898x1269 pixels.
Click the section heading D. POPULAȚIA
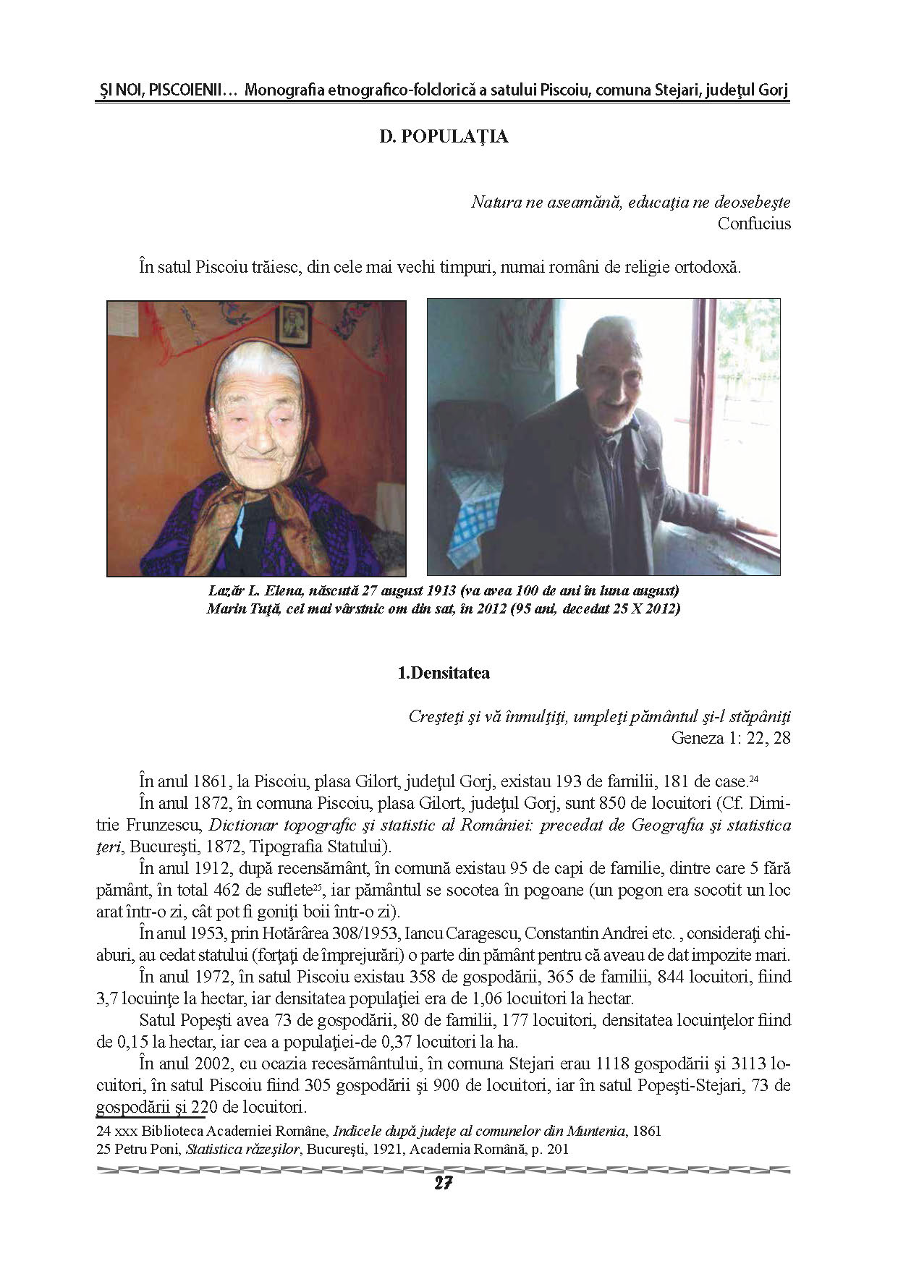444,137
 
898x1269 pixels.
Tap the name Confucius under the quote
753,224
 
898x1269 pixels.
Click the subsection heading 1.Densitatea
444,673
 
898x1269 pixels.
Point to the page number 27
443,1183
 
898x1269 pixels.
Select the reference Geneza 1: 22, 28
731,738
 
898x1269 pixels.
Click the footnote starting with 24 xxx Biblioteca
378,1131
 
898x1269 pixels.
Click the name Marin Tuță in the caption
240,608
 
